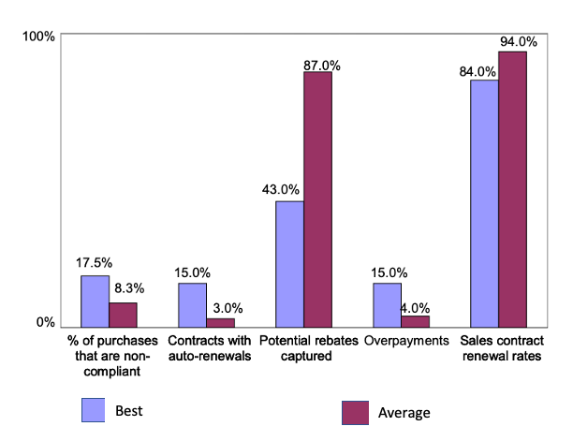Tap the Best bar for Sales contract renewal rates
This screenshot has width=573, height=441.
(x=484, y=202)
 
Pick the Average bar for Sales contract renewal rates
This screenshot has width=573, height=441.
(x=512, y=188)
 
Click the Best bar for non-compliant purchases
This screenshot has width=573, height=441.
(x=95, y=300)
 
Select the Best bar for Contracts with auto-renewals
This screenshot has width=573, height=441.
(x=192, y=303)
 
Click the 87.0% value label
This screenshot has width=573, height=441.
(x=321, y=66)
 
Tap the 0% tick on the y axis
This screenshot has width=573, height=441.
(x=45, y=322)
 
